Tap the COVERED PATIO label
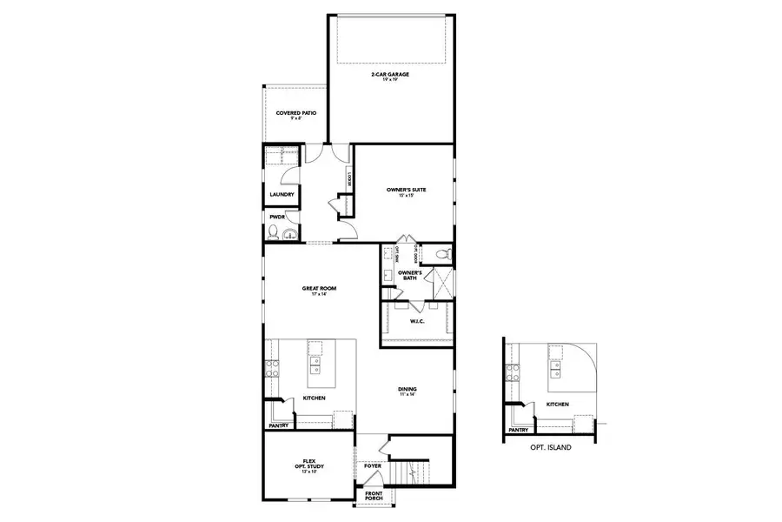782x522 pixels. (x=295, y=114)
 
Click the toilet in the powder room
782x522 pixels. (x=273, y=232)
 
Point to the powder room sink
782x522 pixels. (x=291, y=233)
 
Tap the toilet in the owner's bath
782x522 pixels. (x=441, y=253)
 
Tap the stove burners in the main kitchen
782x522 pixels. (x=273, y=367)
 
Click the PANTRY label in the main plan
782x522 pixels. (x=278, y=425)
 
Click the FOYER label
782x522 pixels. (x=372, y=466)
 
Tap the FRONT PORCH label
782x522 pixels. (x=373, y=496)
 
